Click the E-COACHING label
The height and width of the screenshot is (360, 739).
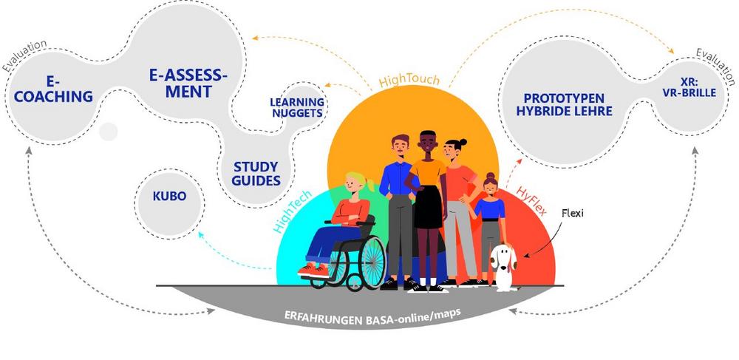click(53, 89)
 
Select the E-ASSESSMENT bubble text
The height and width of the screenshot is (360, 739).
click(188, 83)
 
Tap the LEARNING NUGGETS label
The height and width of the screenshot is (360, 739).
click(297, 107)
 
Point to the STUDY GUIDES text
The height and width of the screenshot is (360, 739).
click(256, 174)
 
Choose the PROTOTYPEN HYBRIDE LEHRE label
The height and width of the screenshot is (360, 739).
click(564, 105)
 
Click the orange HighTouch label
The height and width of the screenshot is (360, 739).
click(409, 80)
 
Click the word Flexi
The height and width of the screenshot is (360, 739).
click(572, 213)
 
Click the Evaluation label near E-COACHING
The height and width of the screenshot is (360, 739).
click(24, 56)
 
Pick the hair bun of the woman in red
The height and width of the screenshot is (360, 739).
click(463, 142)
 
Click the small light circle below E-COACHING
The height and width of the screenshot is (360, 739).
click(108, 132)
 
